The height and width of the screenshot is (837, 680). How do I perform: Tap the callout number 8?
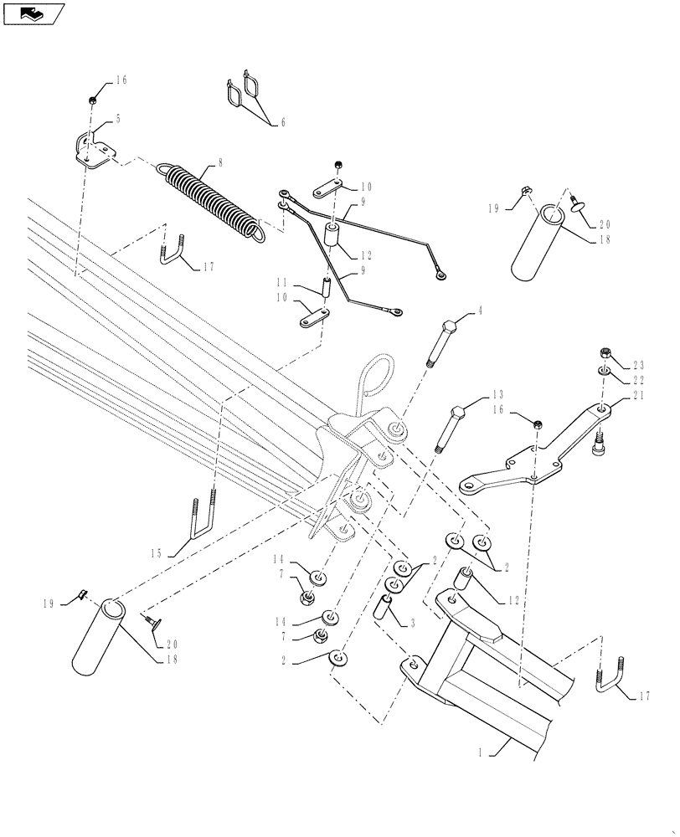(x=219, y=162)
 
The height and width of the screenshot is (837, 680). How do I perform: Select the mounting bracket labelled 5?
(x=90, y=151)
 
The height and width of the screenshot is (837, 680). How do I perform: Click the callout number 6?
(x=282, y=123)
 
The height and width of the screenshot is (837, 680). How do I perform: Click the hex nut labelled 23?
(x=604, y=352)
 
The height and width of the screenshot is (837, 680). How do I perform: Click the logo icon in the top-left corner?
(x=33, y=13)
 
